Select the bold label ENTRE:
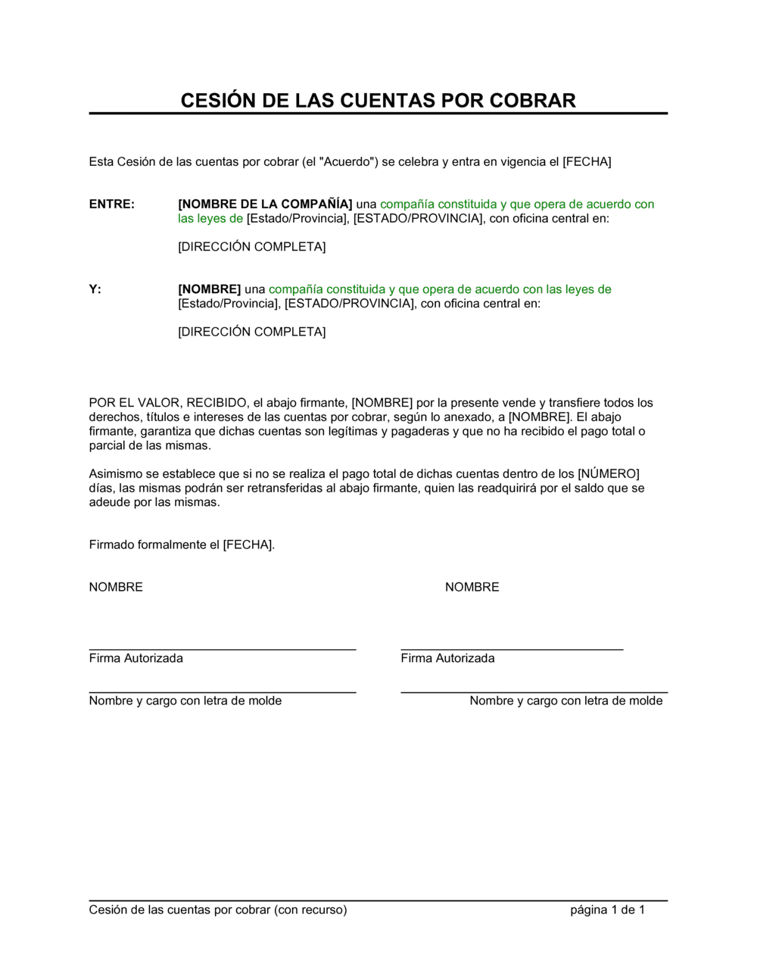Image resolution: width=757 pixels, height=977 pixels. pyautogui.click(x=111, y=204)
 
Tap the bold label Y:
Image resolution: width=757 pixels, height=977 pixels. pyautogui.click(x=95, y=289)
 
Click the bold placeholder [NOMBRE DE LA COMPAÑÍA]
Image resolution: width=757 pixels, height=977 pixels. pyautogui.click(x=265, y=204)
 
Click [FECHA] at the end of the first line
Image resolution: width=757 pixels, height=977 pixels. pyautogui.click(x=587, y=161)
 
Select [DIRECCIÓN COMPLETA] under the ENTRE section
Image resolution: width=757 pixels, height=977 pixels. pyautogui.click(x=251, y=247)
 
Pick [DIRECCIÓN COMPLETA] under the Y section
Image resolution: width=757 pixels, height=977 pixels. pyautogui.click(x=251, y=332)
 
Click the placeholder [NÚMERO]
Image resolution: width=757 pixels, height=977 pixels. pyautogui.click(x=609, y=474)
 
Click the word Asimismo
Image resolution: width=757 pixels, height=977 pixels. pyautogui.click(x=114, y=474)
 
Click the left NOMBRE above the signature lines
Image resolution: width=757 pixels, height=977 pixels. pyautogui.click(x=116, y=588)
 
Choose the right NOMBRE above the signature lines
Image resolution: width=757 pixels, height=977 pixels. pyautogui.click(x=472, y=588)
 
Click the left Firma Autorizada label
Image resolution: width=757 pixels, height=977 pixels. pyautogui.click(x=136, y=659)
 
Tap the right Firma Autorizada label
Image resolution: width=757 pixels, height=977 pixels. pyautogui.click(x=447, y=659)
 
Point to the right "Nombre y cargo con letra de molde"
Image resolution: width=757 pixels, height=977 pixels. pyautogui.click(x=565, y=701)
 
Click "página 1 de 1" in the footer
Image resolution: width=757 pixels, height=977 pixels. pyautogui.click(x=607, y=910)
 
